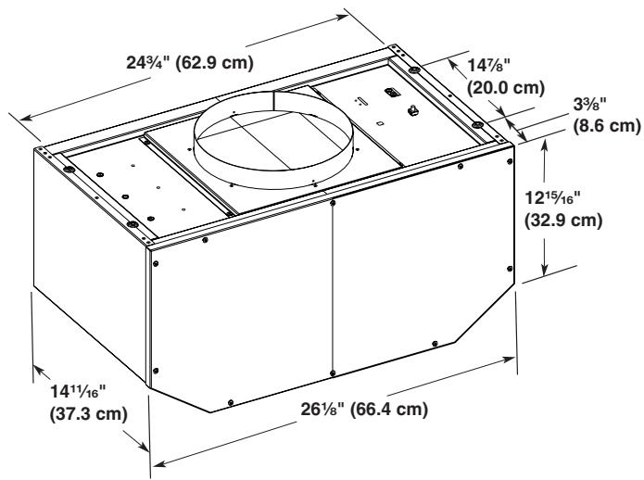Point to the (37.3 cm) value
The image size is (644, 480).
point(87,413)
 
